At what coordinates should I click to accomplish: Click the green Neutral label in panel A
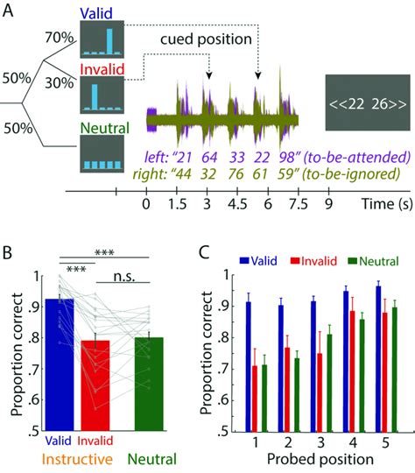tap(103, 129)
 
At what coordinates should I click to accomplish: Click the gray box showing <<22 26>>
tap(365, 102)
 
